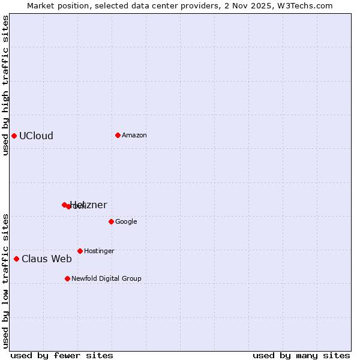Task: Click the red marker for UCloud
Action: (x=14, y=136)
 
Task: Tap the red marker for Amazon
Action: (x=118, y=135)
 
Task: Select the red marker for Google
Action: (x=111, y=221)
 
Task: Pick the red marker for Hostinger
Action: (x=80, y=251)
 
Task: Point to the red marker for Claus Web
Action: (x=16, y=259)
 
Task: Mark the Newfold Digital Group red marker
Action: (x=67, y=278)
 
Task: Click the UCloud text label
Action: (x=36, y=136)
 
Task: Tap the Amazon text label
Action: (x=134, y=135)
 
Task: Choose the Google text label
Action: (x=126, y=221)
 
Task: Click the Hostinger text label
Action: (x=99, y=251)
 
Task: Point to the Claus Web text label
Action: (x=47, y=259)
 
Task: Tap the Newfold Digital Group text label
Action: (x=106, y=278)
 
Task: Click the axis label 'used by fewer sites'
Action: (x=62, y=355)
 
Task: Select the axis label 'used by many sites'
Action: (x=301, y=355)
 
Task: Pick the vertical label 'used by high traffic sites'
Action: (x=5, y=85)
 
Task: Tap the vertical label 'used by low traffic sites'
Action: (x=5, y=281)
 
